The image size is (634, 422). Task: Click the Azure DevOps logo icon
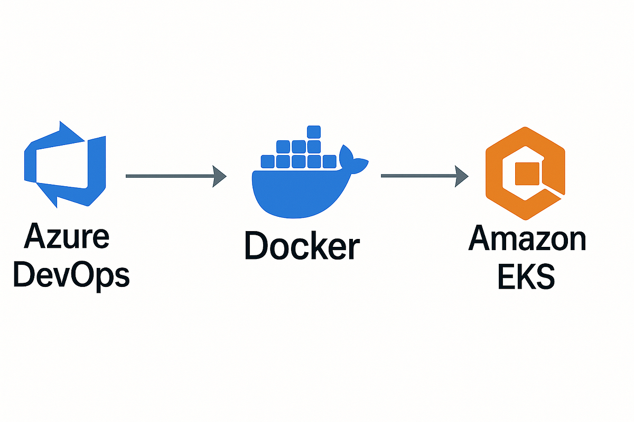pos(64,164)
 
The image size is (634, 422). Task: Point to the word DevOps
pos(71,275)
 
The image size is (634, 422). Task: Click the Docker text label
pos(302,246)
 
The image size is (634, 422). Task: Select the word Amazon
pos(527,238)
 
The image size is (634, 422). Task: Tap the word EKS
pos(526,276)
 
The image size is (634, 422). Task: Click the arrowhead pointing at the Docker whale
pos(219,176)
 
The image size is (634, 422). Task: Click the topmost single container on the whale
pos(314,131)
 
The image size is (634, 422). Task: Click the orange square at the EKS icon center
pos(527,174)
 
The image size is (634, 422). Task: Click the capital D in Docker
pos(258,246)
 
